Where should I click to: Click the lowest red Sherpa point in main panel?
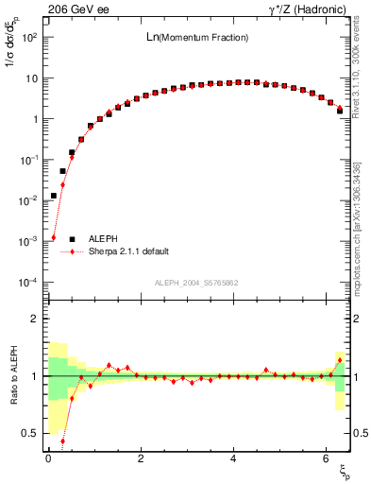coord(54,237)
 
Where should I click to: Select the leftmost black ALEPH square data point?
coord(54,196)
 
